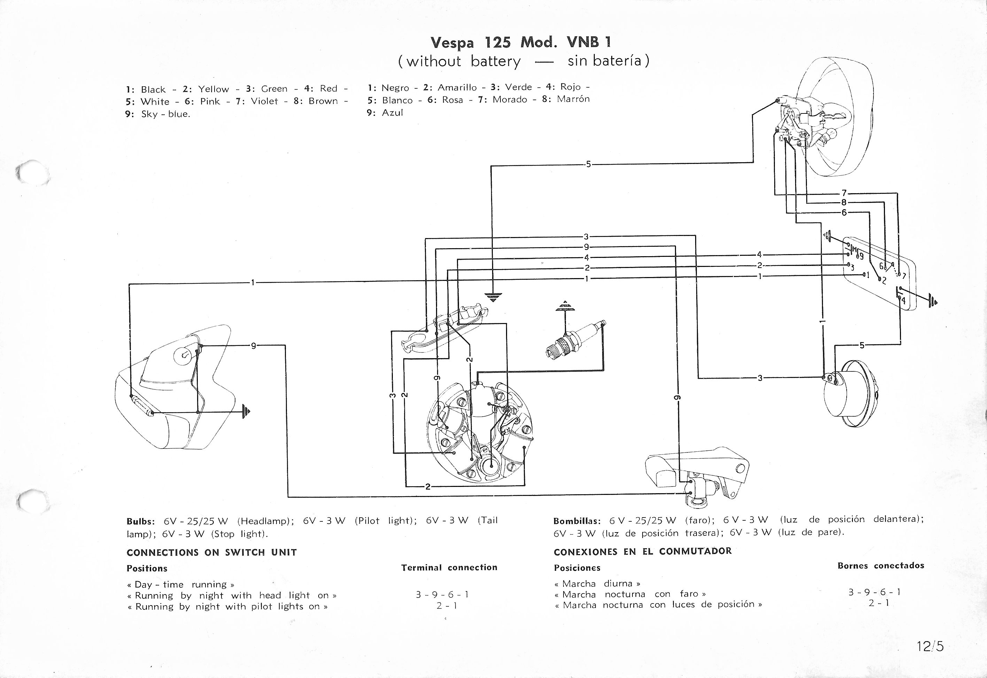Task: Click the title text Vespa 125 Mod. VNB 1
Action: (x=521, y=42)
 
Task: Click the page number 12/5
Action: (x=930, y=646)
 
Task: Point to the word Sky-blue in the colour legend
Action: (x=165, y=114)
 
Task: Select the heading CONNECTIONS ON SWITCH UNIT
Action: (x=212, y=553)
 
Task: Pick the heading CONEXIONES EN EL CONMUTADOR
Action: (x=642, y=551)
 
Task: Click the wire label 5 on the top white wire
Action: (x=588, y=164)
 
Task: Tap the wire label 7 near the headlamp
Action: (x=844, y=193)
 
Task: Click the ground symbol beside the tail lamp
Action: (x=246, y=411)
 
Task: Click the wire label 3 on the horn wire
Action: (x=760, y=378)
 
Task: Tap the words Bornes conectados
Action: (x=881, y=566)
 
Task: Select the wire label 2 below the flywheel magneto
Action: (x=428, y=487)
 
